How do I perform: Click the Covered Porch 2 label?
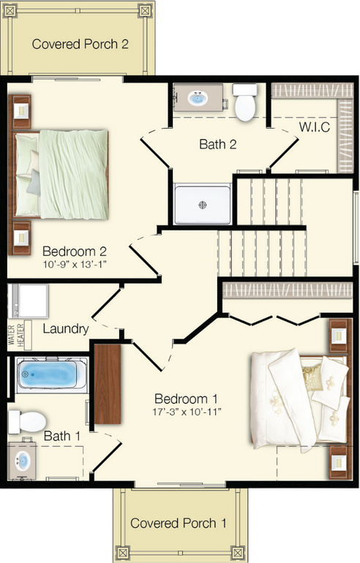pyautogui.click(x=80, y=44)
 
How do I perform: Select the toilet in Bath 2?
pyautogui.click(x=245, y=102)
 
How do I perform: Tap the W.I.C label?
pyautogui.click(x=314, y=127)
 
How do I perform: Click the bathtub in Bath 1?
pyautogui.click(x=48, y=377)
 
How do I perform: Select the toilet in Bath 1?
pyautogui.click(x=26, y=421)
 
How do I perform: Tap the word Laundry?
pyautogui.click(x=66, y=329)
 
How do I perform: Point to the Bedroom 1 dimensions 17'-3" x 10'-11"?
pyautogui.click(x=187, y=412)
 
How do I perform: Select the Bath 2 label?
pyautogui.click(x=218, y=144)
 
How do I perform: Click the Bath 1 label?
pyautogui.click(x=62, y=437)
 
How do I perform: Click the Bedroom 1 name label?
pyautogui.click(x=187, y=398)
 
